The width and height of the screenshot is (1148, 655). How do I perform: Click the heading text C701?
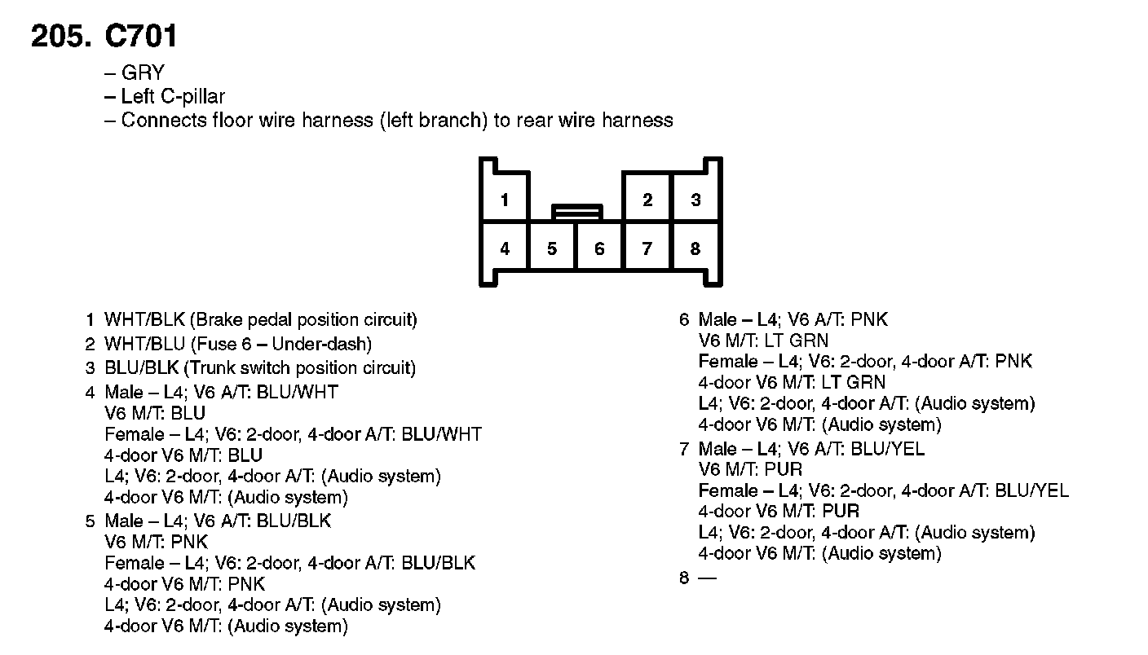pyautogui.click(x=140, y=36)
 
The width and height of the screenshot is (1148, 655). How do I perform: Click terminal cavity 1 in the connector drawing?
pyautogui.click(x=505, y=200)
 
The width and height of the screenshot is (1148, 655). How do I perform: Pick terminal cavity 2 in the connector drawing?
pyautogui.click(x=647, y=200)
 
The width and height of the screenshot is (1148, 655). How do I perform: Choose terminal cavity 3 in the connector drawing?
pyautogui.click(x=695, y=200)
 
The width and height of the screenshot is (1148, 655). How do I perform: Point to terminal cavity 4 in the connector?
pyautogui.click(x=505, y=248)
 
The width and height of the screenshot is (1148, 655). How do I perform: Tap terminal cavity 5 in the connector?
pyautogui.click(x=552, y=248)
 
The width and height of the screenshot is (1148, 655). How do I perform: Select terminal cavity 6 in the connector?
pyautogui.click(x=599, y=248)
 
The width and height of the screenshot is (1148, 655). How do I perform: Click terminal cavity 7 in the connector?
pyautogui.click(x=647, y=248)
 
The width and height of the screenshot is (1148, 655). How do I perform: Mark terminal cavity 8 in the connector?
pyautogui.click(x=695, y=248)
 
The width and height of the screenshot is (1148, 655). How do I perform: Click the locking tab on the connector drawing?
pyautogui.click(x=577, y=212)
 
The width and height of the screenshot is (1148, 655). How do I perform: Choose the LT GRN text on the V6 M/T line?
pyautogui.click(x=796, y=341)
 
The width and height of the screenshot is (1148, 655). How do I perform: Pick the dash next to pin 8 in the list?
pyautogui.click(x=707, y=578)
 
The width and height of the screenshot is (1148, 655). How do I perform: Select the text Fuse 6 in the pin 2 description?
pyautogui.click(x=223, y=344)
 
